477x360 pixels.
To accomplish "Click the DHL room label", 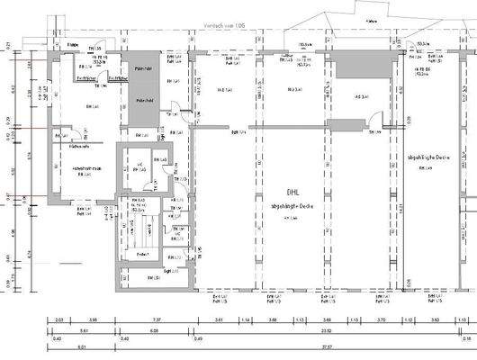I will click(292, 192).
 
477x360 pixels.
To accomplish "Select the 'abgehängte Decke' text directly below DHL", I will click(292, 207).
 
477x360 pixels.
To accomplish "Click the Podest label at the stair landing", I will click(142, 255).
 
